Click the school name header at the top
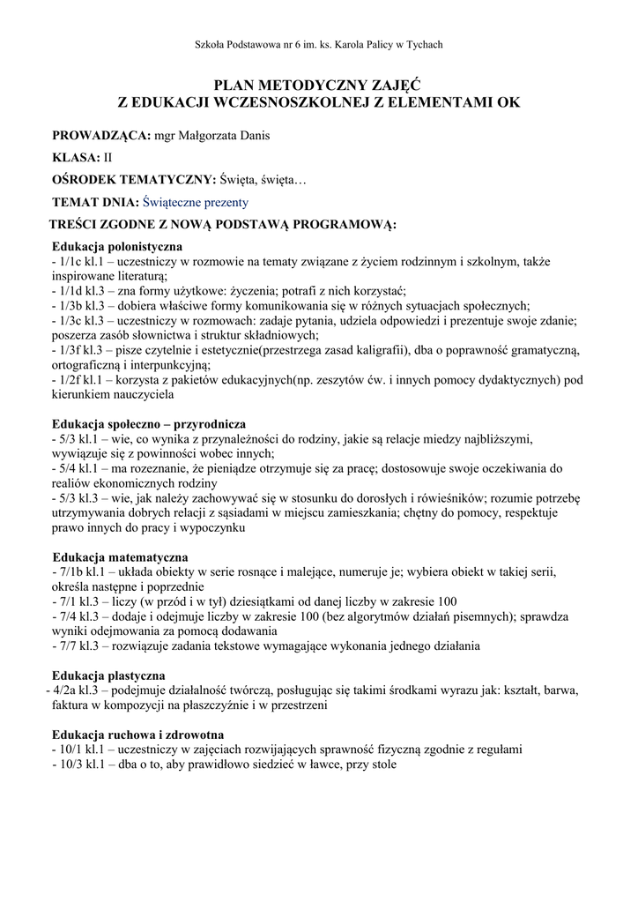coord(318,45)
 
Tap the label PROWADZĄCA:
coord(101,136)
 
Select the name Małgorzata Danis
coord(224,136)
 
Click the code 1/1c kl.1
coord(83,262)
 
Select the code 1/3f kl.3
coord(83,350)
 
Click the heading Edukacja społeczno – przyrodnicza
coord(149,424)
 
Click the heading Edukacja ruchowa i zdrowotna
coord(137,735)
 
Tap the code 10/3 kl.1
coord(84,765)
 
